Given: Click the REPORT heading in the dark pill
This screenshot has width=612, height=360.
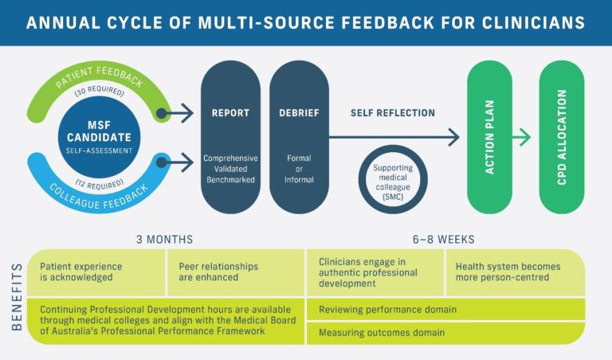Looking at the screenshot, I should click(230, 113).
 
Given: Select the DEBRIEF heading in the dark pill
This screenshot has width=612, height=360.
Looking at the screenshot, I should click(299, 113).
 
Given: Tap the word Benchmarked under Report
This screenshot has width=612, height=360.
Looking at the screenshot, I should click(230, 179).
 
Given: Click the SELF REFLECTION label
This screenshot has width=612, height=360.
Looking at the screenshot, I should click(393, 113).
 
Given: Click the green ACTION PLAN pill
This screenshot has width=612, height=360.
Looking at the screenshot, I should click(489, 137).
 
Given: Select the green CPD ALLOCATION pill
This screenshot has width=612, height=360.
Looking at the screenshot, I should click(562, 137).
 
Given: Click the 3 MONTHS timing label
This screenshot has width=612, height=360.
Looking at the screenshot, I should click(166, 239).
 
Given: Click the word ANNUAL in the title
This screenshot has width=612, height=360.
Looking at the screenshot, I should click(55, 22).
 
